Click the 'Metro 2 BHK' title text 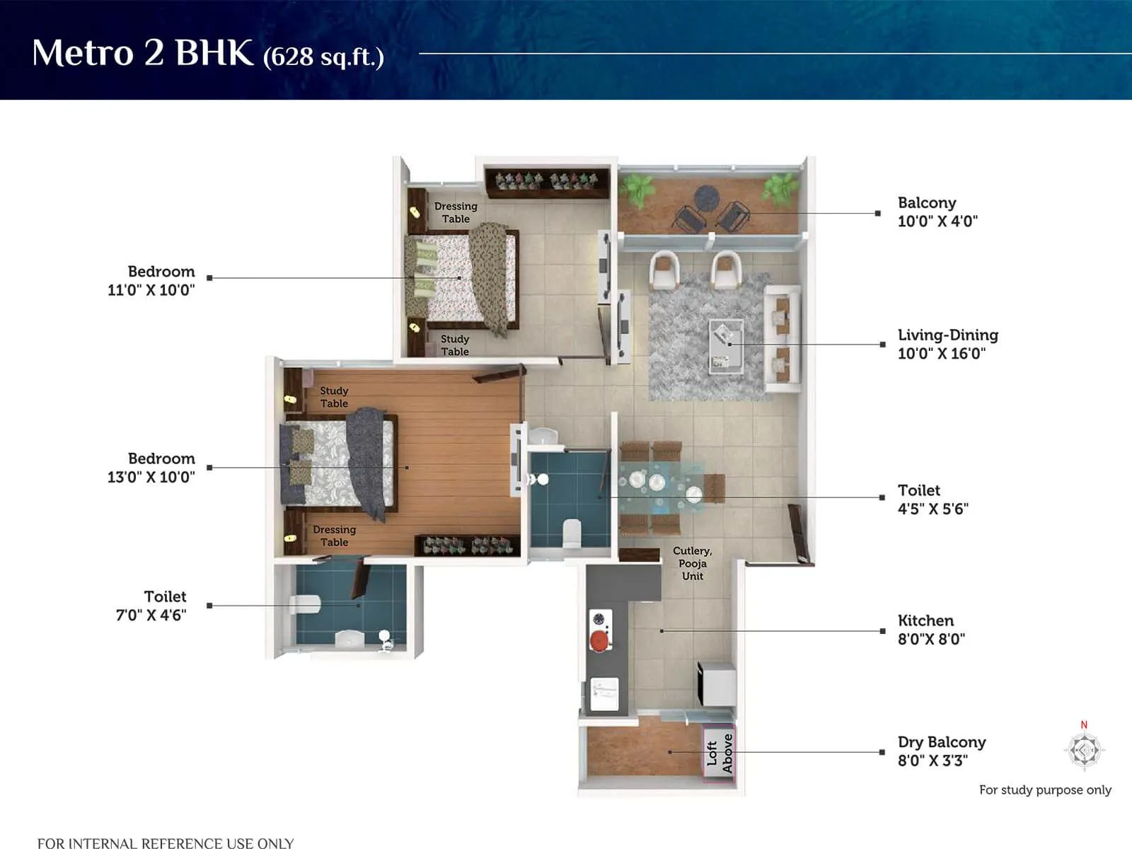pos(142,53)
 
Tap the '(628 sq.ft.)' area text pos(323,57)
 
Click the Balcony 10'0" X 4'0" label pos(937,212)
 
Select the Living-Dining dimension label pos(947,344)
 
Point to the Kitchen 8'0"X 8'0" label pos(930,630)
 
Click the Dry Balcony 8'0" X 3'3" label pos(941,751)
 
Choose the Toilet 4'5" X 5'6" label pos(932,499)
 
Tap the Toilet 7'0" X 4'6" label pos(151,606)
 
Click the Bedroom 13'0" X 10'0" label pos(151,468)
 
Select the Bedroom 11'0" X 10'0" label pos(151,280)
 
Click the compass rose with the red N pos(1084,749)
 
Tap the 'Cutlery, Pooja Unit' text pos(692,563)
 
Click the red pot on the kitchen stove pos(600,641)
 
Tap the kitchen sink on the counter pos(605,693)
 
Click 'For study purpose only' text pos(1044,790)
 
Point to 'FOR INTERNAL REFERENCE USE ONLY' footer pos(166,843)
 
